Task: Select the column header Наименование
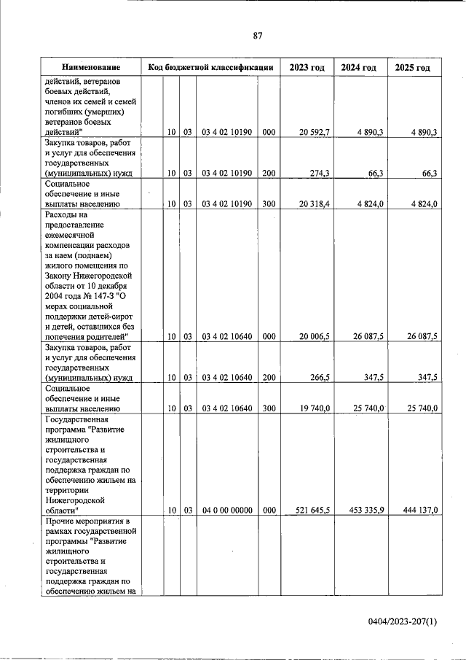pyautogui.click(x=91, y=67)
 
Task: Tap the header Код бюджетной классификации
pyautogui.click(x=210, y=67)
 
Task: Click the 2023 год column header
pyautogui.click(x=307, y=67)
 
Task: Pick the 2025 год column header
pyautogui.click(x=412, y=67)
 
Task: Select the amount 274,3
pyautogui.click(x=319, y=174)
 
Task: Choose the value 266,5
pyautogui.click(x=319, y=378)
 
